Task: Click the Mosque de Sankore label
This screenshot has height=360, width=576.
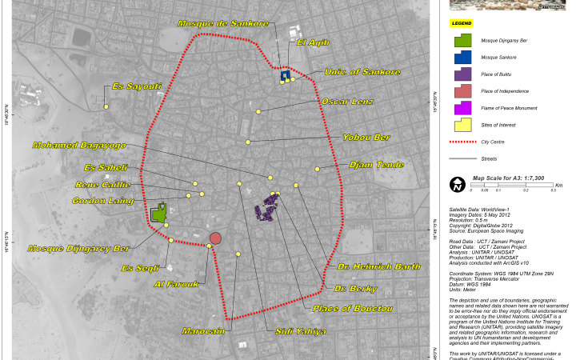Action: click(223, 24)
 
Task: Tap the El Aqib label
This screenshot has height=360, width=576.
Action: click(313, 42)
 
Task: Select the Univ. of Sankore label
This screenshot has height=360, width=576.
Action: click(362, 72)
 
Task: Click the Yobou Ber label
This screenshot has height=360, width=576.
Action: click(366, 138)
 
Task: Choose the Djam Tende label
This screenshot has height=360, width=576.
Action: click(376, 165)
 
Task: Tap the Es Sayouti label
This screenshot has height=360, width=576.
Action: click(137, 86)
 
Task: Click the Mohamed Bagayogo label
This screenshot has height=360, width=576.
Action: click(79, 146)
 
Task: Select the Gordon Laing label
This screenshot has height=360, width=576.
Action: click(102, 201)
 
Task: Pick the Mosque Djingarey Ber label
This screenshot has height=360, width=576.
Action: click(78, 249)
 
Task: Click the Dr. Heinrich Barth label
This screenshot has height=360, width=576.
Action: click(378, 266)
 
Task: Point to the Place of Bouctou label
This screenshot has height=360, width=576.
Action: click(352, 308)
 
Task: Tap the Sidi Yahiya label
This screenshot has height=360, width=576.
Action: click(300, 331)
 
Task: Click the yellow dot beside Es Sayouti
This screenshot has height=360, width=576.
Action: click(106, 106)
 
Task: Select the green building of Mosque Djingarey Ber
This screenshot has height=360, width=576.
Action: click(159, 214)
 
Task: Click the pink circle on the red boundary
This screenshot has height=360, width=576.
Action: click(215, 238)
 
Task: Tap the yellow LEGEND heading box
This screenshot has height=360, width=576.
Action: click(462, 23)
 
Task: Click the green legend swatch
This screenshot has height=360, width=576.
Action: click(462, 40)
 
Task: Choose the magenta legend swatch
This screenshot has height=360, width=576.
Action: click(462, 108)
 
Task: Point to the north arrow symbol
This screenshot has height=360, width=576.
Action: click(457, 184)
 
